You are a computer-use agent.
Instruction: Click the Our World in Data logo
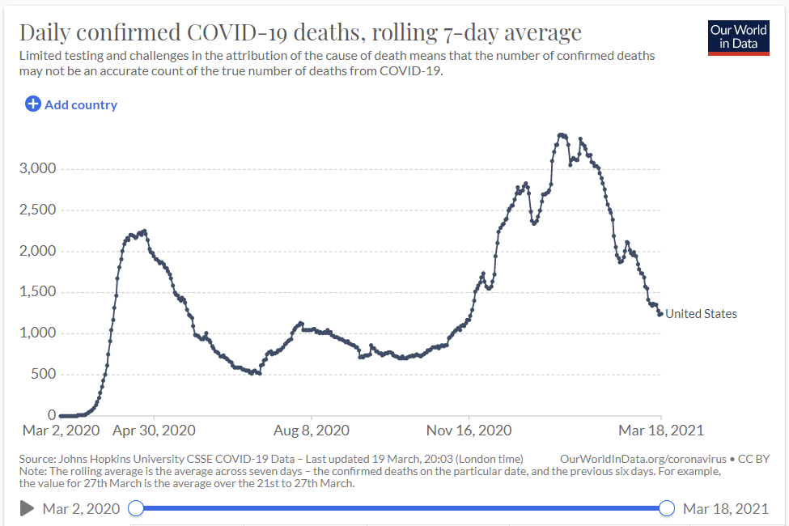pos(738,36)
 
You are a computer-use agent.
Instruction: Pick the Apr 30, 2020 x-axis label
pos(154,431)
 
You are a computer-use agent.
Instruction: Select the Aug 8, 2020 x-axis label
pos(311,431)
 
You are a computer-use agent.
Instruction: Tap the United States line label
pos(701,314)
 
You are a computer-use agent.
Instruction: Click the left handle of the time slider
pos(137,508)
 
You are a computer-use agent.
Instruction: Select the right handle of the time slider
pos(667,508)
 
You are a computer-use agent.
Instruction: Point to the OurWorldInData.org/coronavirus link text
pos(643,458)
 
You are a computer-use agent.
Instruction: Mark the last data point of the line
pos(660,314)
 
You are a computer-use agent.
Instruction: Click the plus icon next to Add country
pos(33,104)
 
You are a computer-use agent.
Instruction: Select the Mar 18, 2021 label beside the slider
pos(725,508)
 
